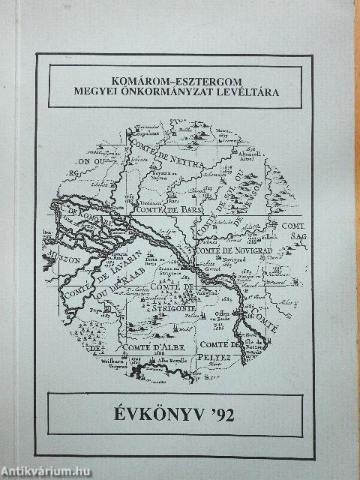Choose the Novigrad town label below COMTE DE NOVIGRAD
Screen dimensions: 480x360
coord(230,258)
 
